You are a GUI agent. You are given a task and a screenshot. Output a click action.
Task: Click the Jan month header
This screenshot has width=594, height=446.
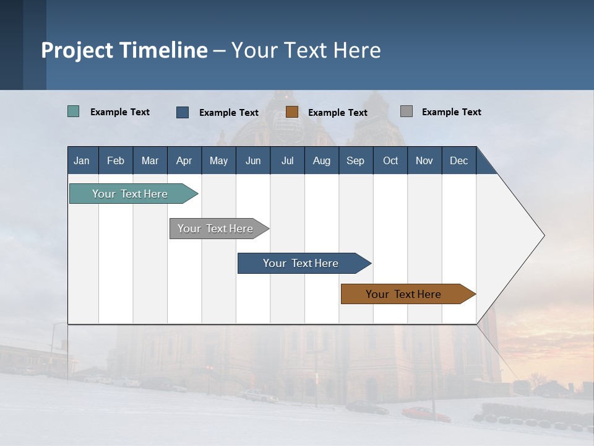click(82, 160)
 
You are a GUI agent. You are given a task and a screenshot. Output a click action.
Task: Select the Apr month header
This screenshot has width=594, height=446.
click(184, 160)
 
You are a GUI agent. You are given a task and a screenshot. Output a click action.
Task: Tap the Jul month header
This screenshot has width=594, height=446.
click(287, 160)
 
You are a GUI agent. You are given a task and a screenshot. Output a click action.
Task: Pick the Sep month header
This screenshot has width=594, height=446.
click(355, 160)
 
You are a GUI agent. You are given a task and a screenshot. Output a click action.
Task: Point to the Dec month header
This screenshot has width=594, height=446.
click(458, 160)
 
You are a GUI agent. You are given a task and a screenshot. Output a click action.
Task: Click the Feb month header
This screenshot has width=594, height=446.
click(116, 160)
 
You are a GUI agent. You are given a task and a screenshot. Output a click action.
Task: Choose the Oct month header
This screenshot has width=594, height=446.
click(390, 160)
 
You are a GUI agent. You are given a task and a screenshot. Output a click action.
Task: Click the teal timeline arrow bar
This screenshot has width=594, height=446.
click(131, 194)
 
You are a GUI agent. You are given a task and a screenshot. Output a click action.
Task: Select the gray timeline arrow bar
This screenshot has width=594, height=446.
click(216, 229)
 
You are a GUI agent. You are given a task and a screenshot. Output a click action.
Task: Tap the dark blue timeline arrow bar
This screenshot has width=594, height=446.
click(301, 263)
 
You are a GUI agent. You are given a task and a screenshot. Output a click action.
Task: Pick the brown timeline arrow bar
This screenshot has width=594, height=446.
click(404, 294)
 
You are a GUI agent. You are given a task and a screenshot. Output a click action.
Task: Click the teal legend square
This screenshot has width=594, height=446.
click(74, 111)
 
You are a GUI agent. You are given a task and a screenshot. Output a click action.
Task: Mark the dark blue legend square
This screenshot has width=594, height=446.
click(183, 112)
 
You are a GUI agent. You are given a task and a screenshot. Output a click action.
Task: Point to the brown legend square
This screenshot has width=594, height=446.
click(292, 112)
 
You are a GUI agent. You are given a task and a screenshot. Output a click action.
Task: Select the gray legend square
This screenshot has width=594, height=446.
click(407, 111)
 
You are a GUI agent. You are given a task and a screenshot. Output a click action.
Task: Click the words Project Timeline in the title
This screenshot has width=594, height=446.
click(124, 50)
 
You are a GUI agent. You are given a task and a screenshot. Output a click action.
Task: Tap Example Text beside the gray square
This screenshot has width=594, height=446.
click(451, 112)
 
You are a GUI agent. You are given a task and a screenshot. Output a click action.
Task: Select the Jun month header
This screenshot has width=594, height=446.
click(253, 160)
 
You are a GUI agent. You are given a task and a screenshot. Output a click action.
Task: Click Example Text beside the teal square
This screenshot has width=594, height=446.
click(120, 112)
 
